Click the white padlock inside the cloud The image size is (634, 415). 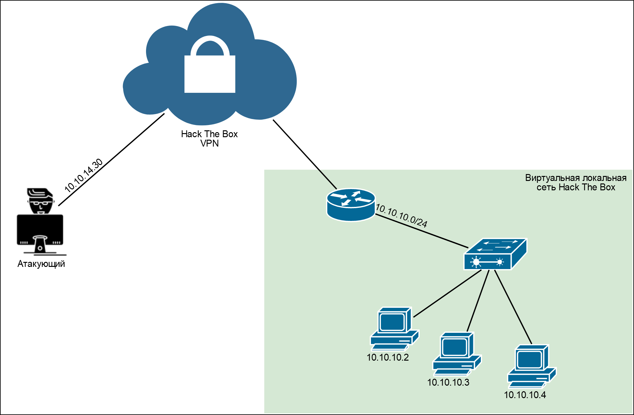coord(210,69)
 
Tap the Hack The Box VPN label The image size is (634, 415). coord(209,138)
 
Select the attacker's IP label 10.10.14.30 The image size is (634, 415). coord(84,175)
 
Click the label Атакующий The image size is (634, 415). coord(41,264)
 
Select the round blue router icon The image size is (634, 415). coord(351,205)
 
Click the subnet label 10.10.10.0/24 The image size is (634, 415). coord(402,215)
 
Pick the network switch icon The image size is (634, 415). coord(495,254)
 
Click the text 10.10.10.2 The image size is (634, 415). coord(388,357)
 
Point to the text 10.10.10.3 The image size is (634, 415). coord(448,382)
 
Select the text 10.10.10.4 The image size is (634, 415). coord(525,395)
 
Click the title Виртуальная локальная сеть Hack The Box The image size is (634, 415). coord(576,182)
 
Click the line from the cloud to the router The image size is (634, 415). coord(305,154)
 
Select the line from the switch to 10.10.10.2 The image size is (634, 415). coord(447,293)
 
